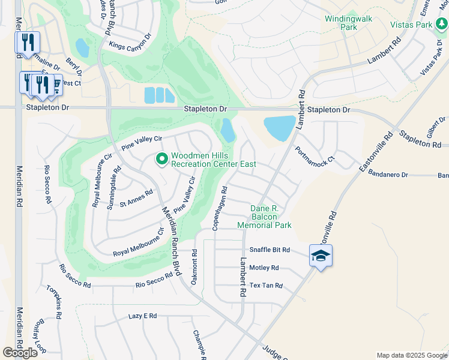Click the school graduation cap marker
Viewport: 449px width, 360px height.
click(x=321, y=256)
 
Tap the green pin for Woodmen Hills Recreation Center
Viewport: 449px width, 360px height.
click(x=161, y=159)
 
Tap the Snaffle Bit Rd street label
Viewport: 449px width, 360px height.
click(x=270, y=250)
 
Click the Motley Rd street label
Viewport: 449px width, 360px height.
click(x=264, y=268)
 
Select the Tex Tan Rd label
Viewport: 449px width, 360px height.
click(x=266, y=286)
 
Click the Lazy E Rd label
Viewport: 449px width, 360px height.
click(x=142, y=316)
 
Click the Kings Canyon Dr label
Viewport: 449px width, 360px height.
click(x=131, y=46)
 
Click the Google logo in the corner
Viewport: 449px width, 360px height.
click(x=20, y=353)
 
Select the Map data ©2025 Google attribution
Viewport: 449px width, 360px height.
click(x=411, y=355)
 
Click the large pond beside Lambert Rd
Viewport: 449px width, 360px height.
click(x=279, y=128)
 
